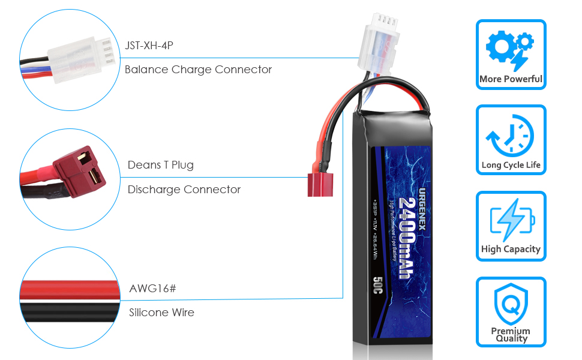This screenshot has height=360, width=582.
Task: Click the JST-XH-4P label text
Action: click(149, 45)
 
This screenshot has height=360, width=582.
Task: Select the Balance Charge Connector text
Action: click(198, 70)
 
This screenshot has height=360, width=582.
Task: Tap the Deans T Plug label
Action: click(160, 165)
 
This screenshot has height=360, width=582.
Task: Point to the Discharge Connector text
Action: click(184, 190)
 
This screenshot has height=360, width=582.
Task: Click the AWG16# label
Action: click(152, 289)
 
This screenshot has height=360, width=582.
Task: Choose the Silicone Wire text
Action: click(161, 313)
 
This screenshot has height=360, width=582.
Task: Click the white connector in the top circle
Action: click(77, 55)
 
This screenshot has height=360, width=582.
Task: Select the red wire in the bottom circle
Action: click(66, 290)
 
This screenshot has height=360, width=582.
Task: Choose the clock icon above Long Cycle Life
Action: click(510, 136)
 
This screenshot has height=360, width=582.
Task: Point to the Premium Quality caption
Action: click(511, 335)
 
